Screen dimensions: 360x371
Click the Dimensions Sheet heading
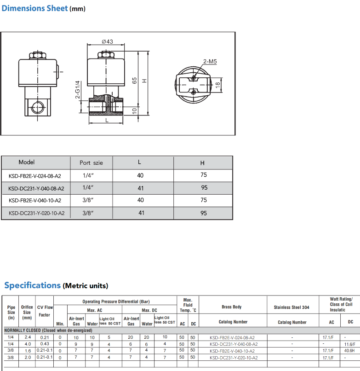35,8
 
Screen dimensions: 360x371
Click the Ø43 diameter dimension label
107,41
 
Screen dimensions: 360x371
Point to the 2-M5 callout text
210,62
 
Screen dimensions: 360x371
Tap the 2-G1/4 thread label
78,90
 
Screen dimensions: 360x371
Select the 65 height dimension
134,81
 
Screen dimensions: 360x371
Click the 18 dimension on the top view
218,85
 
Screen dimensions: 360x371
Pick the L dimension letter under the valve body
107,120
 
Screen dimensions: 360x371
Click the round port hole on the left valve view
38,108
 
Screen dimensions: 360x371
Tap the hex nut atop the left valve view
38,55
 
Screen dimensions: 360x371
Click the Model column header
27,162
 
